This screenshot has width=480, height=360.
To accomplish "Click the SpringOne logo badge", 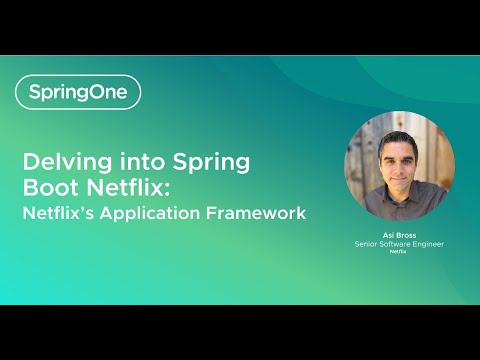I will (78, 92).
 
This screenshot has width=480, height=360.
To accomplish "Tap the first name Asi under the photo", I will (387, 235).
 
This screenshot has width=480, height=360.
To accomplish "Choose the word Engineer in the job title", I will (427, 244).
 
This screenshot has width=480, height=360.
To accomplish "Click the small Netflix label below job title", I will (398, 252).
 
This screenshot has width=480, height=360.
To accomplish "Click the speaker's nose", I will (397, 163).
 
